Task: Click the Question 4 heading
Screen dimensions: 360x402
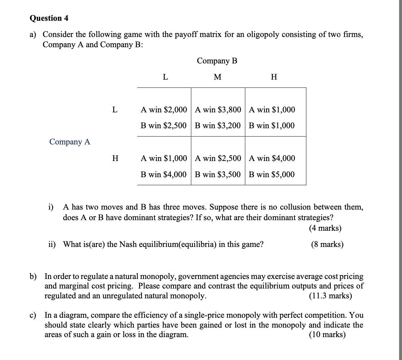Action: click(x=49, y=18)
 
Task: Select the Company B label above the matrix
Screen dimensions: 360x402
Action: click(x=217, y=61)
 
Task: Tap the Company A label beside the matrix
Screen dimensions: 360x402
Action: click(x=70, y=142)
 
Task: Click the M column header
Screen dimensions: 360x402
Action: click(x=218, y=77)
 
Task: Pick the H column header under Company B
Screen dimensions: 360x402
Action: click(x=274, y=77)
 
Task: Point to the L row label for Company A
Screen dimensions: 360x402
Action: click(x=115, y=110)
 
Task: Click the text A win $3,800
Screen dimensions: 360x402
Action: click(x=218, y=110)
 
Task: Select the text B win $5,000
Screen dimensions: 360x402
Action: click(x=272, y=174)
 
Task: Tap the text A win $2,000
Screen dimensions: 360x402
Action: click(x=164, y=110)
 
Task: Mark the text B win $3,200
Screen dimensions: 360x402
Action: click(x=218, y=125)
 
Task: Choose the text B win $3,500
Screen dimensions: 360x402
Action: click(x=218, y=174)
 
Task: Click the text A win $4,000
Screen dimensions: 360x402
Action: click(x=272, y=158)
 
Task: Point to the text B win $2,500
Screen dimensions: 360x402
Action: click(x=164, y=125)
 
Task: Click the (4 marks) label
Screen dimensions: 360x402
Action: click(x=325, y=228)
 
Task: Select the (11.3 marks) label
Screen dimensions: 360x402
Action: click(x=330, y=296)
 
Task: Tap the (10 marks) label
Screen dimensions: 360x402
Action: click(x=327, y=335)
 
